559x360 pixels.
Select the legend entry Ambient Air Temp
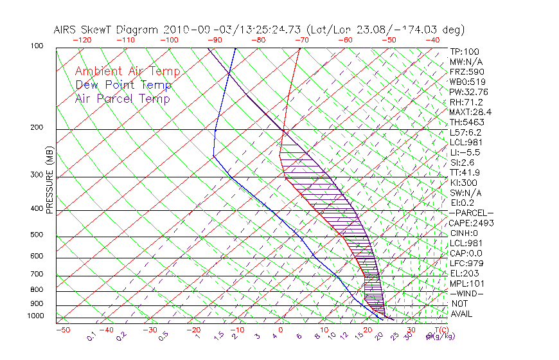[x=128, y=72]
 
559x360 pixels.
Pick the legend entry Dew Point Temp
[x=123, y=85]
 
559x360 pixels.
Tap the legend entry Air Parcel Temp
[x=123, y=99]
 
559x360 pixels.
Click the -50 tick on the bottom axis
[x=62, y=330]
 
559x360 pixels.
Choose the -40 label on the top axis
[x=432, y=40]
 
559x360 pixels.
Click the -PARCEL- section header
[x=471, y=213]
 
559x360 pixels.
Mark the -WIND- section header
[x=466, y=293]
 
